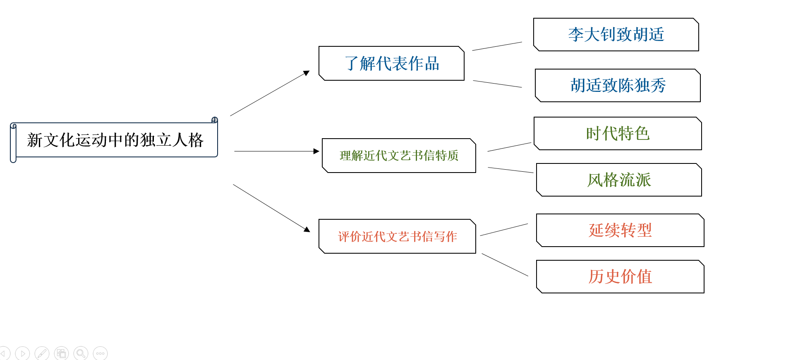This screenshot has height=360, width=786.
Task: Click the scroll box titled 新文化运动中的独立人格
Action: point(114,140)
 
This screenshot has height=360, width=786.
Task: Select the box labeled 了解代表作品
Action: point(391,63)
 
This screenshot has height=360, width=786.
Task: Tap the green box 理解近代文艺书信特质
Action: point(399,156)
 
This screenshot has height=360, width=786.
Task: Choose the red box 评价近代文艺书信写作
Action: point(397,236)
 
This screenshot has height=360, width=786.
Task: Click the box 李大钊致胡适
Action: point(616,34)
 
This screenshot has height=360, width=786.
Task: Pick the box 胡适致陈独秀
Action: point(618,85)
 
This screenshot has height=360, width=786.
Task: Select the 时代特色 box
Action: point(618,133)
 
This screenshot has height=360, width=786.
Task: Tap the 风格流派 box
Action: point(619,180)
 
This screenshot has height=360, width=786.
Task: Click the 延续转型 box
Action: point(620,230)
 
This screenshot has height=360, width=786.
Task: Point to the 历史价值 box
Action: point(620,276)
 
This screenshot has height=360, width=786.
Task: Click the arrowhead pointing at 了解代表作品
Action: point(307,73)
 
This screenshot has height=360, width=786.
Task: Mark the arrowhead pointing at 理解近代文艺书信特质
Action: point(316,151)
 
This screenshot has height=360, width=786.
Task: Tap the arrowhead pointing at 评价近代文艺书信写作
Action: point(307,229)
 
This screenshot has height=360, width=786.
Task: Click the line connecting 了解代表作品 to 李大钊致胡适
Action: point(497,46)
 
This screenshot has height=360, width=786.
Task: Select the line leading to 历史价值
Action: point(505,265)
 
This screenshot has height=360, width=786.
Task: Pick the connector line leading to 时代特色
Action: point(509,147)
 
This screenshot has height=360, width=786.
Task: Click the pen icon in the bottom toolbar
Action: point(42,353)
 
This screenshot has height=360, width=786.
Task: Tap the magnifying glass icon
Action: point(81,353)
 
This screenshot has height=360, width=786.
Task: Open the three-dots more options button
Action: point(100,353)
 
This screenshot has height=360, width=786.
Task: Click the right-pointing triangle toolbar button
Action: point(22,353)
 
